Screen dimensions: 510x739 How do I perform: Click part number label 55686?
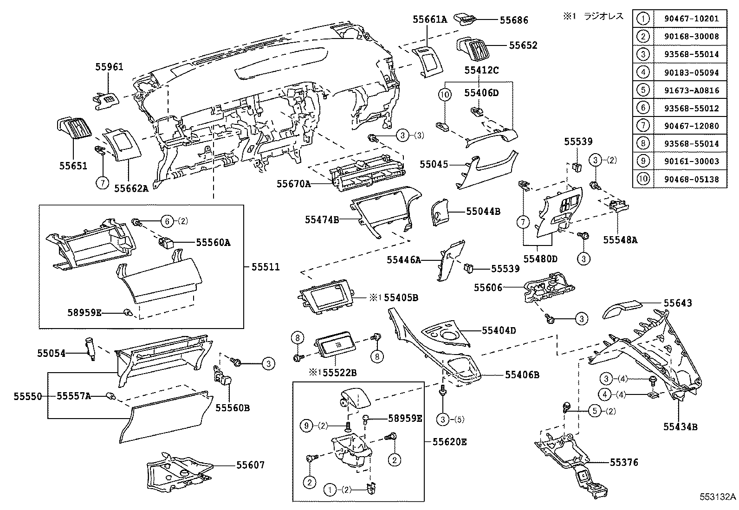pos(513,20)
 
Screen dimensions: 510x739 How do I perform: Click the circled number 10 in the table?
pos(643,179)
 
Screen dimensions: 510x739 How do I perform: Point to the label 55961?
pos(110,67)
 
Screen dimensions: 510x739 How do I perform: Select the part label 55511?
pos(266,267)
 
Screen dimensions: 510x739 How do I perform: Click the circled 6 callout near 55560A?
pos(167,221)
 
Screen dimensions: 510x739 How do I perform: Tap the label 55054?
pos(51,354)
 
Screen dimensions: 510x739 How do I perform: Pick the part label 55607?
pos(250,465)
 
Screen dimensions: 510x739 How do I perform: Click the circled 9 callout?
pos(306,426)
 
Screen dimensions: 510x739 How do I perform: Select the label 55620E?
pos(450,442)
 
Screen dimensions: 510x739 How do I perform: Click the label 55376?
pos(624,462)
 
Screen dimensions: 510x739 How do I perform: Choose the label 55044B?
pos(483,212)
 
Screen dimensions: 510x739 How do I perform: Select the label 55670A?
pos(293,184)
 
